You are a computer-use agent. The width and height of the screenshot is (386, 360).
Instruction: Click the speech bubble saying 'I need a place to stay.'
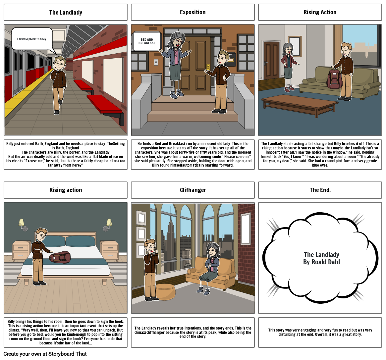(x=32, y=39)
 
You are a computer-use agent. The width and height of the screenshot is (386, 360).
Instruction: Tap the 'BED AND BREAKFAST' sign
(x=146, y=41)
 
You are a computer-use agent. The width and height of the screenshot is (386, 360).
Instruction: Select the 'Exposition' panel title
(x=193, y=12)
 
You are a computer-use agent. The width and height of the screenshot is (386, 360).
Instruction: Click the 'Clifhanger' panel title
(x=193, y=190)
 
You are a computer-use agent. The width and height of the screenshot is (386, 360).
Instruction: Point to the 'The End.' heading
(x=320, y=190)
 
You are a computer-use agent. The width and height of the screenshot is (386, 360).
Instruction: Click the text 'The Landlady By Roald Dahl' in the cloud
(x=321, y=258)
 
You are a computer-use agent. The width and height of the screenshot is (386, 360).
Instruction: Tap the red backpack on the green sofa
(x=334, y=79)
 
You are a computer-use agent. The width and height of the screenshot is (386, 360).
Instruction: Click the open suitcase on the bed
(x=60, y=257)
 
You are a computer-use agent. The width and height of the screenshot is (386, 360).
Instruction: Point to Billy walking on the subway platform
(x=59, y=84)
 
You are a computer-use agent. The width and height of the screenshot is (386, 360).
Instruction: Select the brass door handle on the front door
(x=208, y=67)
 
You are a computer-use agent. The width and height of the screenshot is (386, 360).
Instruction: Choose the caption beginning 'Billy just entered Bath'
(x=66, y=154)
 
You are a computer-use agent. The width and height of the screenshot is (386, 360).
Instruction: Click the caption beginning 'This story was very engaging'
(x=320, y=332)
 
